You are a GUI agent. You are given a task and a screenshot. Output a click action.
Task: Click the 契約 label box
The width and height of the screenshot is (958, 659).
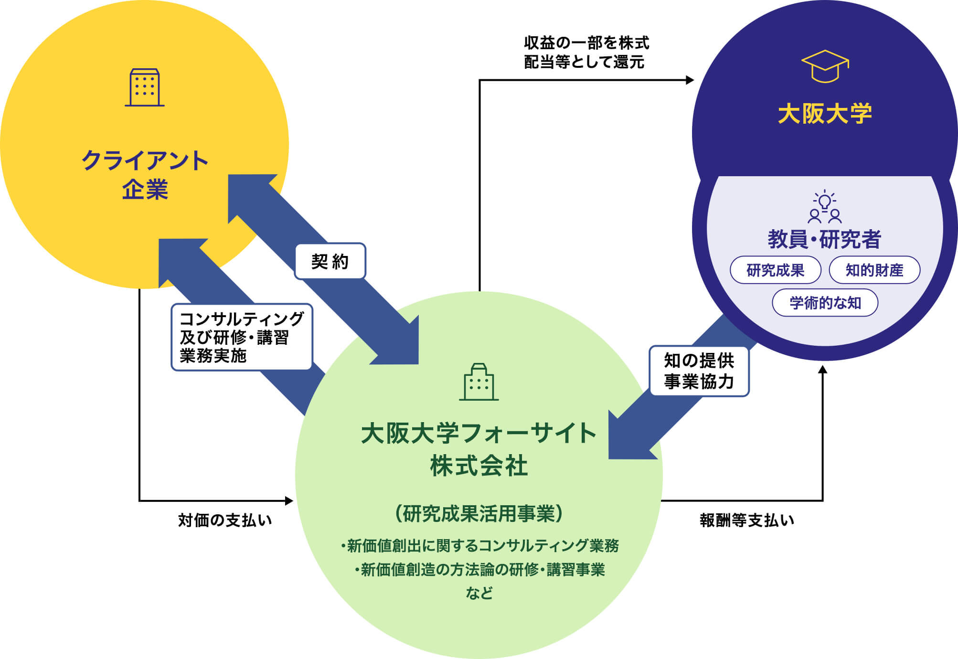[330, 261]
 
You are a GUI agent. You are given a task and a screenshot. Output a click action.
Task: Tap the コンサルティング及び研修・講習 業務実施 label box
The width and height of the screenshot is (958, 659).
[242, 337]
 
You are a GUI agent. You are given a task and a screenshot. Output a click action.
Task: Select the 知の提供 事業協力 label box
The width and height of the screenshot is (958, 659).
[699, 371]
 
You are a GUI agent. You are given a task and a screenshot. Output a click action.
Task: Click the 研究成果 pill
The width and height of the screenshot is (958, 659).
[775, 270]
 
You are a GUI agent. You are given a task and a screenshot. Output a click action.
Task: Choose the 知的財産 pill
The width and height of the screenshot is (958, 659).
[874, 270]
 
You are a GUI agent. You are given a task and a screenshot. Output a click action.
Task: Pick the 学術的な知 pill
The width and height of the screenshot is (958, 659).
[825, 303]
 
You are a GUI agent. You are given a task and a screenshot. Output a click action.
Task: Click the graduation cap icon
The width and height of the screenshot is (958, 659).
[825, 66]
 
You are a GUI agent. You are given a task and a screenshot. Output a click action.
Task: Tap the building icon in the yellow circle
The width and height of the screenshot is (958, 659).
[145, 87]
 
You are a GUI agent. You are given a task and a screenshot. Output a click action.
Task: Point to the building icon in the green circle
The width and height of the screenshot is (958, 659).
[479, 382]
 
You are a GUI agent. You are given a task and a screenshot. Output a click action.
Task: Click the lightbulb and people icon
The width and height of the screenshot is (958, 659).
[825, 207]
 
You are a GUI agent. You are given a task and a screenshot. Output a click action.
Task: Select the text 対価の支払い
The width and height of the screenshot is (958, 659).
[225, 520]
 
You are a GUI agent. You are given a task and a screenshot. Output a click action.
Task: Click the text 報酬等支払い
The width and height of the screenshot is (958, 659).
[747, 520]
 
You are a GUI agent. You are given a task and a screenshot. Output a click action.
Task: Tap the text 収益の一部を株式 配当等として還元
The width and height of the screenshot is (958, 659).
[586, 53]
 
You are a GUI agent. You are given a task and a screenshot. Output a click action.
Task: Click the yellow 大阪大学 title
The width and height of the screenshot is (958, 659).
[825, 114]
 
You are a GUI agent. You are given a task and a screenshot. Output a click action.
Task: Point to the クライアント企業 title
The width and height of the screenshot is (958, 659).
[145, 175]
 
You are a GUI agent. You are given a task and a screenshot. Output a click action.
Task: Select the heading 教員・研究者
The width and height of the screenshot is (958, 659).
[825, 239]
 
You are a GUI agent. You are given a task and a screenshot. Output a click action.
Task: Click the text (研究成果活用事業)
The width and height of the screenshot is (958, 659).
[479, 514]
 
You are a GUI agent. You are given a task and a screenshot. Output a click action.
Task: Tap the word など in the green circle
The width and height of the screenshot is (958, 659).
[479, 593]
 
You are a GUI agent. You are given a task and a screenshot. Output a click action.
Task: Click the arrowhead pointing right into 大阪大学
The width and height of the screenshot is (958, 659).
[690, 80]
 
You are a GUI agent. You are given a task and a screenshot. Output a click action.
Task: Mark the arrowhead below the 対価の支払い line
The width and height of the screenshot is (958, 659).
[289, 500]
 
